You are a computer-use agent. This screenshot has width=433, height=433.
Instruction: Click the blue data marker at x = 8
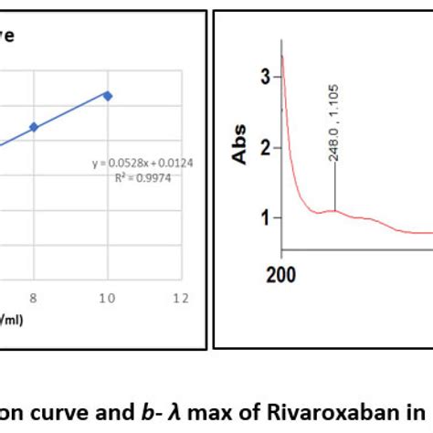point(34,127)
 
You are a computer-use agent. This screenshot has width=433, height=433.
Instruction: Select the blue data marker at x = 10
point(108,95)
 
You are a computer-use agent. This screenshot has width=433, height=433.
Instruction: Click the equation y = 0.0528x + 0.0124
point(142,164)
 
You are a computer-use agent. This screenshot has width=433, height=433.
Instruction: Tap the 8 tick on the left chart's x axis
point(34,298)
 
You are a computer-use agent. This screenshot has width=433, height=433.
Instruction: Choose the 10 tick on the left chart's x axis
point(107,298)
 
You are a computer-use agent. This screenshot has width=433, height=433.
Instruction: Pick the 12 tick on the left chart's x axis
point(180,298)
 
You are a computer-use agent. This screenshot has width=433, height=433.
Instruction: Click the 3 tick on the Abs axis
point(266,78)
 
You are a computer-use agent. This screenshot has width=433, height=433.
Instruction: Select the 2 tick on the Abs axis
point(266,148)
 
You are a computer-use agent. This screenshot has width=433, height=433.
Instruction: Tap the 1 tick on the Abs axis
point(266,217)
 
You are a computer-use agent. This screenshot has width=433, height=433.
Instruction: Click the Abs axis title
point(241,147)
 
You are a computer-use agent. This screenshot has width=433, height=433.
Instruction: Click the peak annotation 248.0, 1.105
point(334,123)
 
